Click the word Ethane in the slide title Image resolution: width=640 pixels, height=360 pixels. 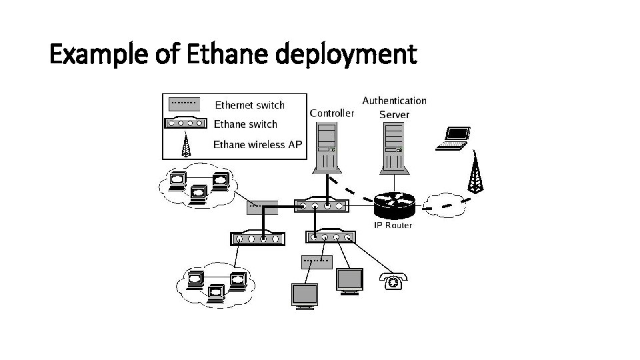228,55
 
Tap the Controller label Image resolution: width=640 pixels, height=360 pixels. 332,113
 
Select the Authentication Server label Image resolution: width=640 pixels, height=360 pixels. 394,107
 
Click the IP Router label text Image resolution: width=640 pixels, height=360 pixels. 393,225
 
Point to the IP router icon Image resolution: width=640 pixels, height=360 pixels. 393,205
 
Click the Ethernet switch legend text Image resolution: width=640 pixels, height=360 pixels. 249,105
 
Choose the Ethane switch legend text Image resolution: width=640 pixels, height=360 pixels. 245,124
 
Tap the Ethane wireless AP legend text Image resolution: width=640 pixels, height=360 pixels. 257,144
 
